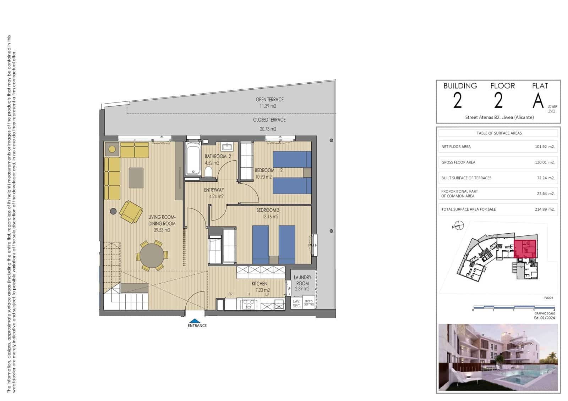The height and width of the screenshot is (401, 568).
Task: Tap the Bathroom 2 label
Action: tap(218, 156)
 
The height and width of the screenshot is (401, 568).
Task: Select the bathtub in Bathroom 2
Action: tap(193, 159)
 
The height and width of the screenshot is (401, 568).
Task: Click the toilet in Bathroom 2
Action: tap(208, 172)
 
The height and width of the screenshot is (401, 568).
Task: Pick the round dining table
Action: tap(152, 255)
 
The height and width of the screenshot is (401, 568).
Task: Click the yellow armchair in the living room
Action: tap(131, 212)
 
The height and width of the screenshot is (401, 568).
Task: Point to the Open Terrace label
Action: tap(269, 100)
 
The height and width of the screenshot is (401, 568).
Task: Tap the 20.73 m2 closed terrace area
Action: tap(268, 129)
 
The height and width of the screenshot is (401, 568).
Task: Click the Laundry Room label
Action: tap(302, 280)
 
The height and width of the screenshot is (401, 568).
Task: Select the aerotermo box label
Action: tap(309, 302)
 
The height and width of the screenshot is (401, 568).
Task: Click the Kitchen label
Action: tap(260, 284)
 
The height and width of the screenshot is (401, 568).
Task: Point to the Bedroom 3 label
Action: tap(268, 210)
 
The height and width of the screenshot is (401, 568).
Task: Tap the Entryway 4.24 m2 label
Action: tap(214, 193)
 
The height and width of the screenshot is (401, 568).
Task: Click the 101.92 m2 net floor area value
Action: tap(545, 146)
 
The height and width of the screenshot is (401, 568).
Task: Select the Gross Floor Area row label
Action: tap(458, 162)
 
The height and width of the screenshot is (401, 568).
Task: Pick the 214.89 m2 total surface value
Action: tap(545, 209)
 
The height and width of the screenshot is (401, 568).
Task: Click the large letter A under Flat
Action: tap(538, 101)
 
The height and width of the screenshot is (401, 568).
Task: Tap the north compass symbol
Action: tap(459, 225)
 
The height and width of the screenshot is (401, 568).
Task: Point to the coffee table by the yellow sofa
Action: tap(136, 178)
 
